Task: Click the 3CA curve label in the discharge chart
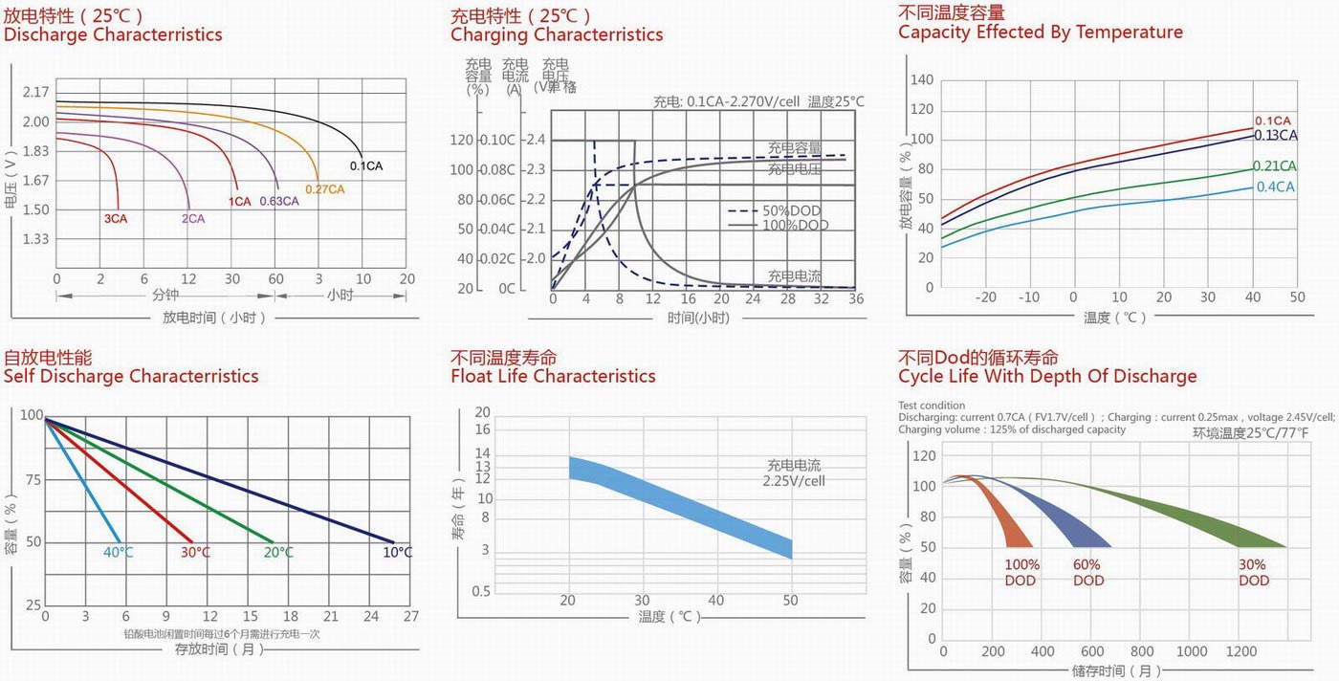[x=116, y=219]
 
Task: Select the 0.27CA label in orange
[x=324, y=189]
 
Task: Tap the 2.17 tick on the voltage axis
[x=35, y=93]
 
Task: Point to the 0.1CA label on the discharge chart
[x=366, y=166]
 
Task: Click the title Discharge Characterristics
[x=113, y=35]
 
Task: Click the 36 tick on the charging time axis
[x=855, y=299]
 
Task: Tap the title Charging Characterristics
[x=557, y=35]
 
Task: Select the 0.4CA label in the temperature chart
[x=1275, y=187]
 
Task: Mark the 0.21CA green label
[x=1275, y=165]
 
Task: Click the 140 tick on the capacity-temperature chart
[x=922, y=80]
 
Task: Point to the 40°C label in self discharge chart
[x=119, y=553]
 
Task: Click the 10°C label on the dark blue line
[x=397, y=553]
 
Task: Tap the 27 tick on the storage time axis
[x=411, y=617]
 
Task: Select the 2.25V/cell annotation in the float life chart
[x=794, y=481]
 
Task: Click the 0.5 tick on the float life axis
[x=481, y=592]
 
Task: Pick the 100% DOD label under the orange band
[x=1021, y=573]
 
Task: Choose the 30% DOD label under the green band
[x=1253, y=573]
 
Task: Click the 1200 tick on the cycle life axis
[x=1241, y=652]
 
